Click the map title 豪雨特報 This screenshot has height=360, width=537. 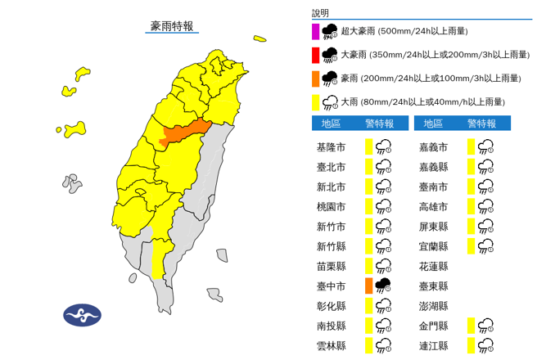coord(172,26)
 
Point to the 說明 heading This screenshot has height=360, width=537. coord(320,13)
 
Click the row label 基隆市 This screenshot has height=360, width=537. coord(331,147)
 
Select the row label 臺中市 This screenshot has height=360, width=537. coord(331,286)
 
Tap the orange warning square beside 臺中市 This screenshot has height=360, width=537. coord(369,286)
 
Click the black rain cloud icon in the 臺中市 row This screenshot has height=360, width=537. coord(382,286)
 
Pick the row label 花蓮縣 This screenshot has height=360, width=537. coord(433,266)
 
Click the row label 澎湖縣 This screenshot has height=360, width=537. coord(433,306)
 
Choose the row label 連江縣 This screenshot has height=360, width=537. coord(433,345)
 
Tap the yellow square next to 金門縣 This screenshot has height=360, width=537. coord(472,326)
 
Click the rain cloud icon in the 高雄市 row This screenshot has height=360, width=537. coord(485,206)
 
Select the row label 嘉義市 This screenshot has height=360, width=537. coord(433,147)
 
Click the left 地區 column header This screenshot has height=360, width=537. coord(331,124)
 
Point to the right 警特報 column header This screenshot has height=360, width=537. coord(481,124)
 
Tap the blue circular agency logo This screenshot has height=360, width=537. coord(82,315)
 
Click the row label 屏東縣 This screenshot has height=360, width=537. coord(433,226)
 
